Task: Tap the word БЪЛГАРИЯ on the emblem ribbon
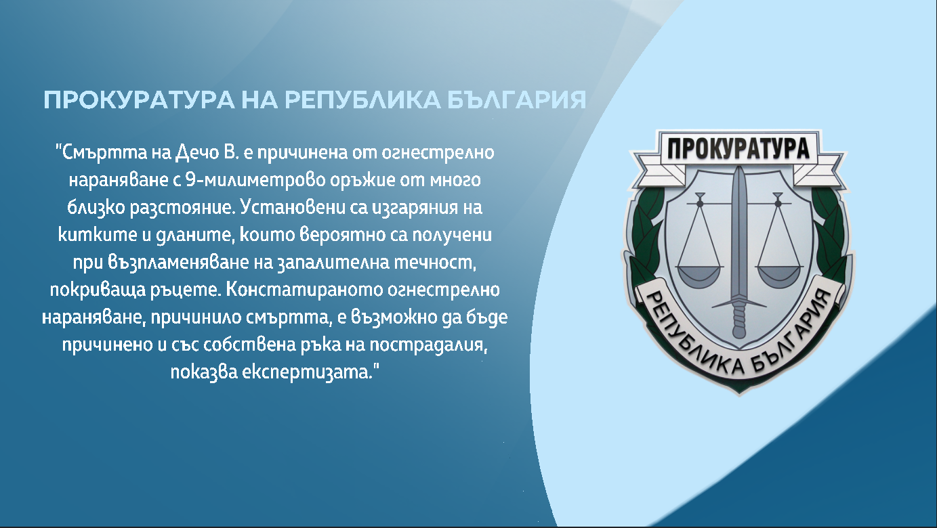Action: coord(790,338)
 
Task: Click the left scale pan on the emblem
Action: coord(697,274)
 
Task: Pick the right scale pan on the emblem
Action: coord(777,274)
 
